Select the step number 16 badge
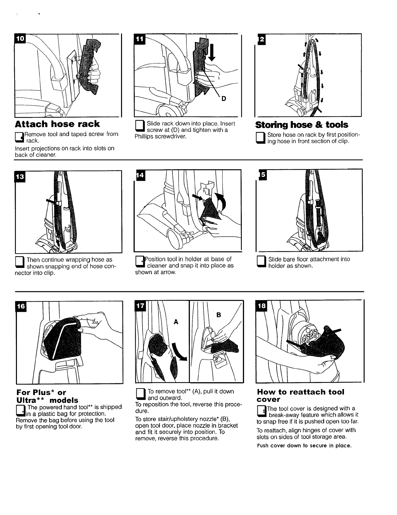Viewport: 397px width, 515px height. [21, 306]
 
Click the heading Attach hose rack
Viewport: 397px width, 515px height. [57, 124]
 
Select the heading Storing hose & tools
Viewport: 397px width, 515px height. [301, 125]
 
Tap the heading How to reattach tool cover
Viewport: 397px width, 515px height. [300, 395]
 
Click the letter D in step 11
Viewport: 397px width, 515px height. [224, 99]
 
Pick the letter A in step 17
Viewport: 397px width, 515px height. [176, 322]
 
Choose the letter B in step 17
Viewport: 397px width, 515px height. [218, 315]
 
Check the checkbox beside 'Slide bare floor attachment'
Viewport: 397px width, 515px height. [261, 262]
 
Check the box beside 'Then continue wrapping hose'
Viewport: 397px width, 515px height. [20, 263]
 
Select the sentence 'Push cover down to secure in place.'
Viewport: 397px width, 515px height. [304, 445]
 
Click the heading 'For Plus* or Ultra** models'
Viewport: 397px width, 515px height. [47, 396]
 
